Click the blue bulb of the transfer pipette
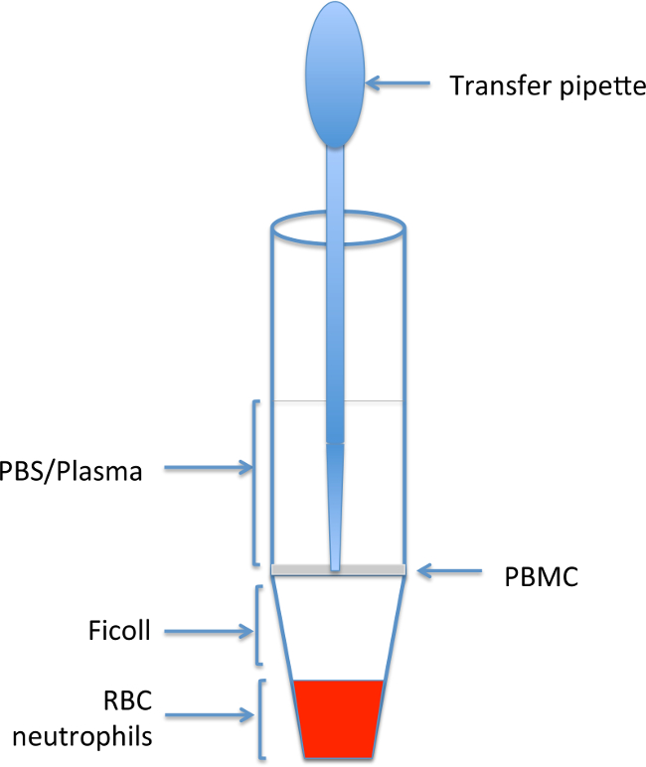pyautogui.click(x=336, y=75)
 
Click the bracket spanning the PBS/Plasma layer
pyautogui.click(x=255, y=483)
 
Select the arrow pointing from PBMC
pyautogui.click(x=452, y=570)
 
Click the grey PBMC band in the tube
pyautogui.click(x=298, y=568)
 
